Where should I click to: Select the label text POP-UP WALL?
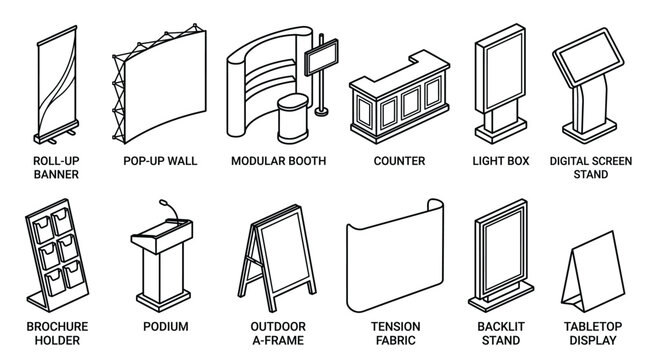click(x=159, y=161)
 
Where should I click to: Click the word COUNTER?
click(x=399, y=161)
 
